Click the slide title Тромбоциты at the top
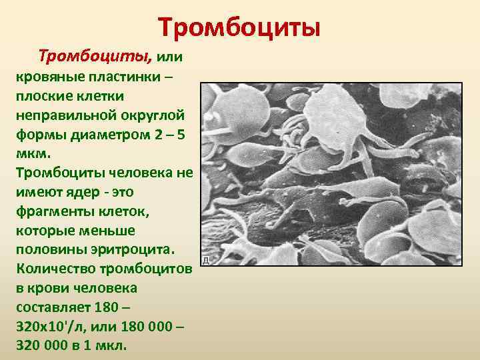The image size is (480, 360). pyautogui.click(x=240, y=28)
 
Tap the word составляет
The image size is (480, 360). pyautogui.click(x=51, y=308)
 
